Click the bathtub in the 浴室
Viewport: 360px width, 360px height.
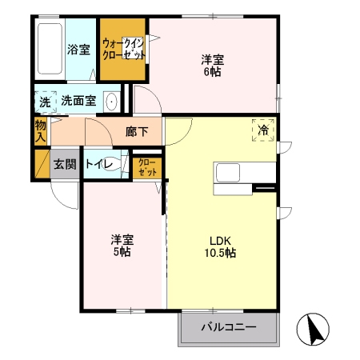(x=50, y=49)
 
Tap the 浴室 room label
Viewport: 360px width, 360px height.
(x=78, y=50)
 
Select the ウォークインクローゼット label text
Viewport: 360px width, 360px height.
(x=123, y=49)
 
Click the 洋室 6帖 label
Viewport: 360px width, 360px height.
(x=213, y=66)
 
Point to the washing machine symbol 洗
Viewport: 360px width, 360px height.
(x=45, y=102)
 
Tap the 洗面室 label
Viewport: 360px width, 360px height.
(x=78, y=101)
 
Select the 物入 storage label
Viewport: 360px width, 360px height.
(x=41, y=131)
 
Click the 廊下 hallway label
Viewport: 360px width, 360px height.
(x=137, y=132)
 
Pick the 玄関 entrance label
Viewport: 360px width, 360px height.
(x=65, y=164)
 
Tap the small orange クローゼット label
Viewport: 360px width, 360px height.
(x=147, y=168)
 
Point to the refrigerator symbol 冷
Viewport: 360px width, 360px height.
(x=263, y=130)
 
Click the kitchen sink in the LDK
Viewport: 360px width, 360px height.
(x=228, y=173)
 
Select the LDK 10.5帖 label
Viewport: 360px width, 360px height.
(x=220, y=246)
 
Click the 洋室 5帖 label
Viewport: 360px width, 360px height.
(x=122, y=246)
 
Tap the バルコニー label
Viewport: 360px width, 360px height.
(x=229, y=326)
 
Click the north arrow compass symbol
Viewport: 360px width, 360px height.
(x=313, y=329)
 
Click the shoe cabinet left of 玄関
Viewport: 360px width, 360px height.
(x=42, y=163)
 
